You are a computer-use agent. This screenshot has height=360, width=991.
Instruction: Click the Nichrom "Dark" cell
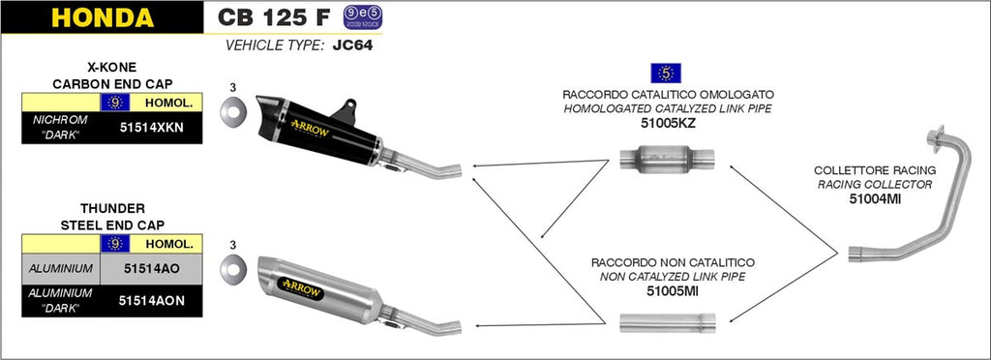pyautogui.click(x=60, y=128)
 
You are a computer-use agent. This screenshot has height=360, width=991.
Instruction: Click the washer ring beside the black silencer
pyautogui.click(x=232, y=114)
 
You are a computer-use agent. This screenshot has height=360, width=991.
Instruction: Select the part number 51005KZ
pyautogui.click(x=668, y=123)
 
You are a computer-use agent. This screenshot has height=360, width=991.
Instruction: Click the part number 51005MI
pyautogui.click(x=668, y=289)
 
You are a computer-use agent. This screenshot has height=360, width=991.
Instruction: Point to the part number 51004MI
pyautogui.click(x=875, y=198)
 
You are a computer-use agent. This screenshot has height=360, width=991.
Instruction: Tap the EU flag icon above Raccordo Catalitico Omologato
pyautogui.click(x=667, y=73)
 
